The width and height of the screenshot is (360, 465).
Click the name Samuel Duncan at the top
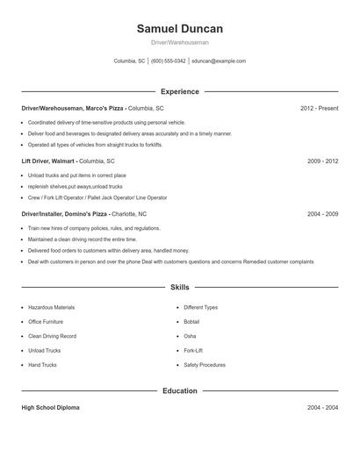(x=180, y=28)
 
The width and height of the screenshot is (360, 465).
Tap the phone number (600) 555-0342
(x=169, y=61)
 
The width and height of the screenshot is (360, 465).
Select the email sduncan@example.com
(x=219, y=61)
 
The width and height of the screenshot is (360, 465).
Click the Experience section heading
(x=180, y=91)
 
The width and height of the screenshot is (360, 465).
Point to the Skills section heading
(x=180, y=287)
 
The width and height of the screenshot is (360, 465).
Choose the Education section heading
(x=180, y=390)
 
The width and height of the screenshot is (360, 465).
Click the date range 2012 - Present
(x=319, y=108)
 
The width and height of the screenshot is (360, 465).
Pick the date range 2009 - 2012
(x=322, y=161)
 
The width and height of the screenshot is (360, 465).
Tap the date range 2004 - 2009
(x=322, y=214)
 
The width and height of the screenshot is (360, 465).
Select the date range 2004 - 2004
(x=322, y=408)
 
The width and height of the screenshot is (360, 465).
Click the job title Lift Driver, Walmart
(x=48, y=161)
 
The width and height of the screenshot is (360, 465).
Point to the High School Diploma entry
(x=51, y=408)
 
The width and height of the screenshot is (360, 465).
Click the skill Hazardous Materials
(x=51, y=308)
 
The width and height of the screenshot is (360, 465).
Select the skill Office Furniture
(x=47, y=322)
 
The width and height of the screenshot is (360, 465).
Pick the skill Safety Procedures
(x=205, y=365)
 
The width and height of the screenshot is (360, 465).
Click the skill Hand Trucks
(x=43, y=365)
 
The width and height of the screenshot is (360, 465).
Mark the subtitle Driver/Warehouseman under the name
(x=180, y=42)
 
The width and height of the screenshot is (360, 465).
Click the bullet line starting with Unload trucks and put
(x=67, y=175)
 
